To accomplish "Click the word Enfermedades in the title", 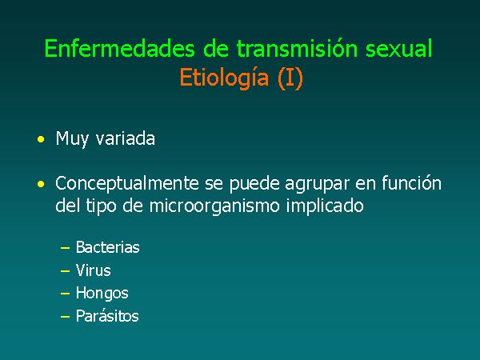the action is [x=120, y=48].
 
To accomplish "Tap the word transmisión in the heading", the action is [x=297, y=48].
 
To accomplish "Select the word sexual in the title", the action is [x=399, y=48].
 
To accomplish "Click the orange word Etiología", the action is [x=224, y=78].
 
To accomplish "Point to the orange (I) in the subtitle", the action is [x=290, y=78].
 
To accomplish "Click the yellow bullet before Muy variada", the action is [x=41, y=139].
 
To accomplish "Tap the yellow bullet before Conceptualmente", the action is [x=41, y=184].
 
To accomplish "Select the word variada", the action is [x=126, y=138].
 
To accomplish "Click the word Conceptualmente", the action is [x=127, y=184].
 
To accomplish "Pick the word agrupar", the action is [x=317, y=184].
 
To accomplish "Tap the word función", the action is [x=411, y=183].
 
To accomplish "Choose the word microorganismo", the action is [x=214, y=206].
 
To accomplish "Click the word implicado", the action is [x=325, y=206].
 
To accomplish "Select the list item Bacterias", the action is [x=108, y=247].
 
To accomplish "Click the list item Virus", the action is [x=94, y=270].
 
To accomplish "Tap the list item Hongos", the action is [x=102, y=294].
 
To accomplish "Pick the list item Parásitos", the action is [x=107, y=316].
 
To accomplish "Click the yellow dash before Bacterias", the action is [x=66, y=248].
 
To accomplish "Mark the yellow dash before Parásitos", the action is [x=66, y=317].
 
